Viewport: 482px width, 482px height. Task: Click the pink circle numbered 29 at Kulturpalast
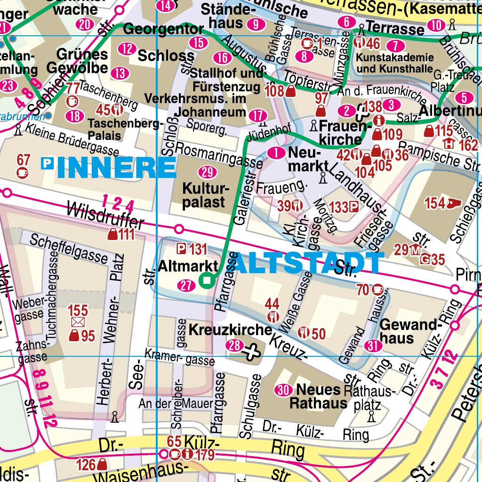point(205,171)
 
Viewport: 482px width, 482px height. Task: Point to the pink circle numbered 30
point(283,390)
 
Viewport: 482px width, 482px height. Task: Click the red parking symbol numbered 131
point(181,249)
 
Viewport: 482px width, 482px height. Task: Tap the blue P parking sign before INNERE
point(47,163)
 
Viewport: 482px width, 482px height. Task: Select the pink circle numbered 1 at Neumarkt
point(275,153)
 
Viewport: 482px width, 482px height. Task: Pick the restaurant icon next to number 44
point(273,316)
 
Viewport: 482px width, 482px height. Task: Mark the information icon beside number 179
point(188,454)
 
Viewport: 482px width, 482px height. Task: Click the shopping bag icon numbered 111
point(113,234)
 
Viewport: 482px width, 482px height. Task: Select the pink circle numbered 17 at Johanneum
point(257,115)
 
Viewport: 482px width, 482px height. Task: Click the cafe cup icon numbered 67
point(23,173)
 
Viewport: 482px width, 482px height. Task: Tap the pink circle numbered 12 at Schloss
point(126,48)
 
